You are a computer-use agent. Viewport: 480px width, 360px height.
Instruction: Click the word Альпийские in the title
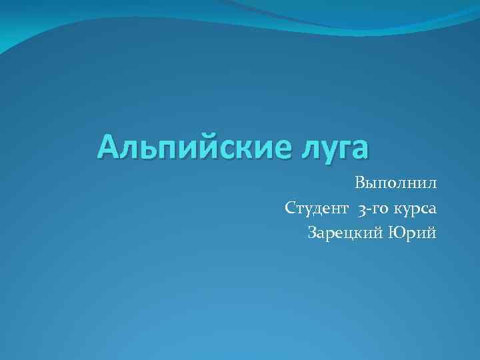tap(185, 147)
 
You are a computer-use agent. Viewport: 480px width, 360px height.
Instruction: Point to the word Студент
tap(316, 208)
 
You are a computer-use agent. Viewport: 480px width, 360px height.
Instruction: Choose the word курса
tap(415, 208)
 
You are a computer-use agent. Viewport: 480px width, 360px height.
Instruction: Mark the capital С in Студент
tap(289, 208)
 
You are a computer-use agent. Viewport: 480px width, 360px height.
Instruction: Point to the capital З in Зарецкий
tap(312, 233)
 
